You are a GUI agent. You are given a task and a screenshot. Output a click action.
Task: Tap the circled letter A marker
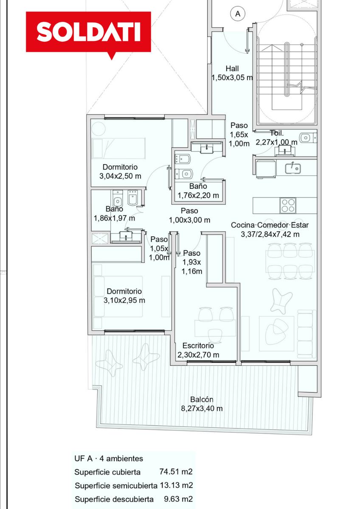coord(238,14)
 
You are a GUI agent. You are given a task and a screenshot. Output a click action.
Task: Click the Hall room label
coord(232,68)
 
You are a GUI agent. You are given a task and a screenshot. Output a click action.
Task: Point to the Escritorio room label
coord(198,346)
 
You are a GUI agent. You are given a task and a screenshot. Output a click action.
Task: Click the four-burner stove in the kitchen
coord(288,206)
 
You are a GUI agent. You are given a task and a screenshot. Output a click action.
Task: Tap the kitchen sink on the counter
coord(292,168)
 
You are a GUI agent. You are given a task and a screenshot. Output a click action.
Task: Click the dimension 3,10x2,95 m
coord(124,300)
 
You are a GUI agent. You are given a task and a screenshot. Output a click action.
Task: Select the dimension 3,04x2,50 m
coord(120,176)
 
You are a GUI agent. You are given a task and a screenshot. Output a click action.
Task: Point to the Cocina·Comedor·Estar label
coord(270,225)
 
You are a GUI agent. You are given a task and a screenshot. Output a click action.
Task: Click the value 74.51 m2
coord(176,471)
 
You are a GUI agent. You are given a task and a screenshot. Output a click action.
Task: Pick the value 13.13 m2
coord(176,485)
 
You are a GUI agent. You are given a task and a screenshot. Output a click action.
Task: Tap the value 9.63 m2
coord(178,499)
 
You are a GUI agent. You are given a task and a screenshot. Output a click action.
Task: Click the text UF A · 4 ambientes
coord(109,459)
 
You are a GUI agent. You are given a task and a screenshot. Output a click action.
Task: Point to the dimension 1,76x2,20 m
coord(198,196)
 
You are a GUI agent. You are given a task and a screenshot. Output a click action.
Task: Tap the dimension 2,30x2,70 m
coord(198,355)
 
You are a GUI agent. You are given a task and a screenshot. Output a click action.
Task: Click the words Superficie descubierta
coord(114,499)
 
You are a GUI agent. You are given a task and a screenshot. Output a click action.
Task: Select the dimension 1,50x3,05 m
coord(232,78)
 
